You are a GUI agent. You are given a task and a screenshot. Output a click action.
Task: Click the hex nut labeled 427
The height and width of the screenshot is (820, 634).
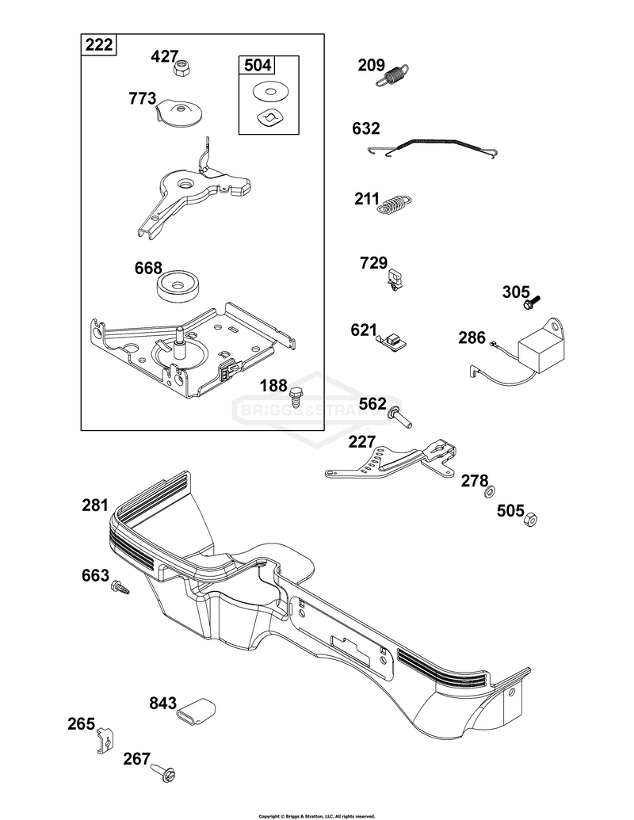click(181, 68)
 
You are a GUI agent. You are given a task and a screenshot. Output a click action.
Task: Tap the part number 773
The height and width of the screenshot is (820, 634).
click(143, 98)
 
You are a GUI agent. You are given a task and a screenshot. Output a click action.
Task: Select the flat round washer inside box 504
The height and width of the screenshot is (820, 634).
click(269, 92)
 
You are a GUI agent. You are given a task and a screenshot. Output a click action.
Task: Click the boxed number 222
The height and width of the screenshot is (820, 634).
click(99, 45)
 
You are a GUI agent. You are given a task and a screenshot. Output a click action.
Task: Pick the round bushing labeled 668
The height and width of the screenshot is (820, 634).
click(178, 286)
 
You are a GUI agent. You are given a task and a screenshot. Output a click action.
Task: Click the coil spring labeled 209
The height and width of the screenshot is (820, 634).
click(392, 75)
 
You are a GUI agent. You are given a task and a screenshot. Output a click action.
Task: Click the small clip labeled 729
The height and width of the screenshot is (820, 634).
click(397, 278)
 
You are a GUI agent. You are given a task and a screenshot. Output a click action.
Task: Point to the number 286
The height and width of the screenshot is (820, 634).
click(472, 338)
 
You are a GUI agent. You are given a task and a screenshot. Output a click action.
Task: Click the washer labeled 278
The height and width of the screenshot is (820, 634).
click(490, 491)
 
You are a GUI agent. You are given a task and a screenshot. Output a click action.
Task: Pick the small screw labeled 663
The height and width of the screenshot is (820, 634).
click(120, 587)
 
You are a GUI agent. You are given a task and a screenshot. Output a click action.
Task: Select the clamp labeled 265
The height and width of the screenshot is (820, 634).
click(105, 741)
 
